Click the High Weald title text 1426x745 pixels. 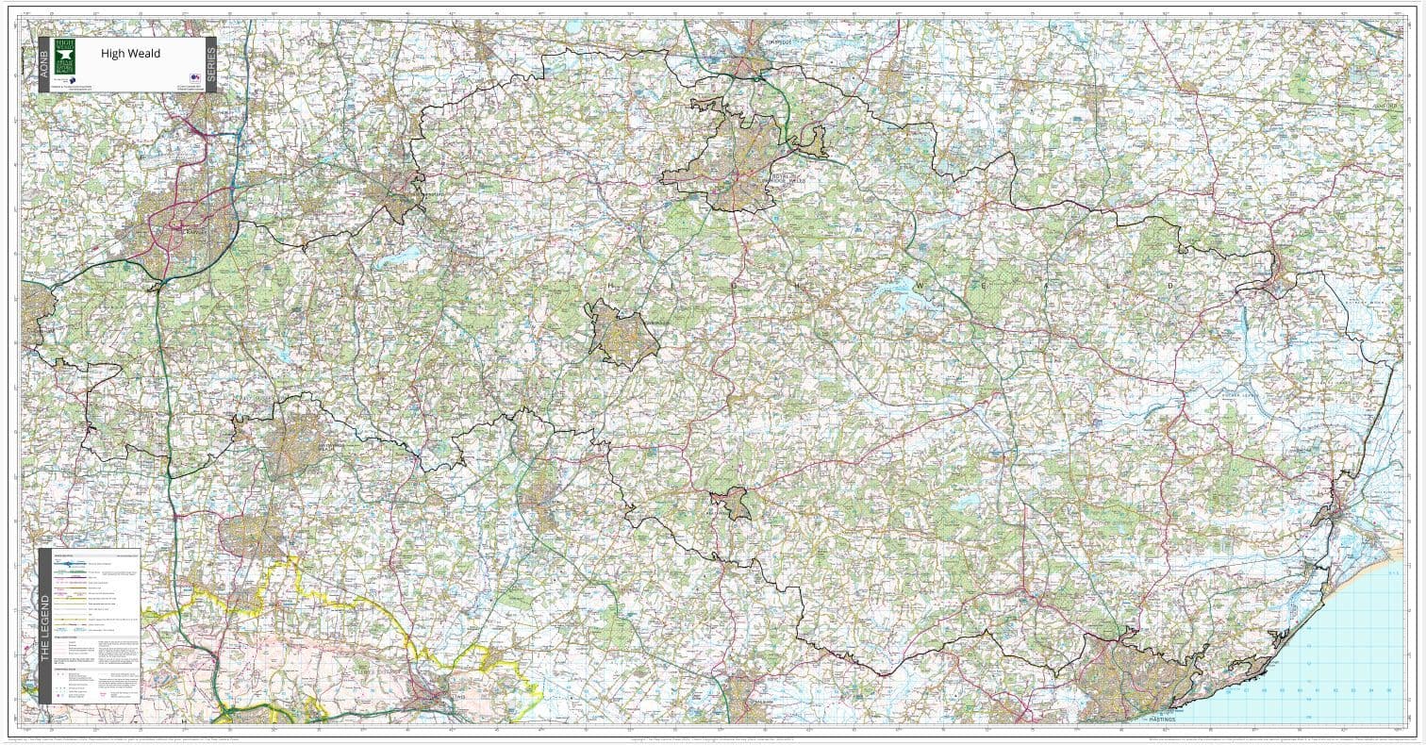pyautogui.click(x=130, y=54)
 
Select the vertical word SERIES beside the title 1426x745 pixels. pyautogui.click(x=210, y=64)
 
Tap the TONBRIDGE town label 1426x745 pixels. pyautogui.click(x=774, y=43)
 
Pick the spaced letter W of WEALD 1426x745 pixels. pyautogui.click(x=914, y=282)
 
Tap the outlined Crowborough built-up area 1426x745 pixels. pyautogui.click(x=622, y=333)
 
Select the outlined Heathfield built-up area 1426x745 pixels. pyautogui.click(x=731, y=504)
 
